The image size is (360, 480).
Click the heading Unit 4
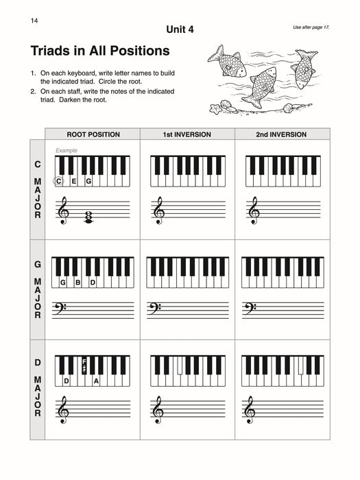(x=180, y=29)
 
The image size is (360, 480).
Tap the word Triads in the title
(x=53, y=51)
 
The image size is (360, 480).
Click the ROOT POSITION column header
(x=93, y=134)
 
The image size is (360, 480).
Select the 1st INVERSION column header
(x=187, y=134)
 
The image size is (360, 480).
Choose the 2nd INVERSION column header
(x=281, y=134)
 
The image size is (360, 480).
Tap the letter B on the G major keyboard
(x=77, y=283)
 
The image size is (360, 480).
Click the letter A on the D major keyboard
(x=96, y=381)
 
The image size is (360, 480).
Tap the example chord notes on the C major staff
(x=89, y=217)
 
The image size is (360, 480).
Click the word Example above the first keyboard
(x=67, y=150)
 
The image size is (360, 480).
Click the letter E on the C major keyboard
(x=73, y=181)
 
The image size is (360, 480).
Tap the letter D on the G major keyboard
(x=93, y=283)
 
